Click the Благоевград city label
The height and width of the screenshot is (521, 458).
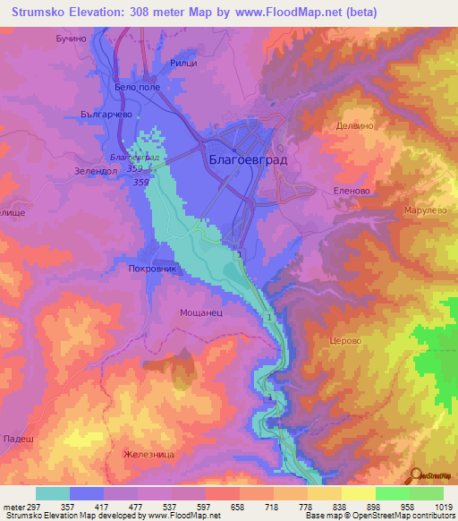[x=245, y=161]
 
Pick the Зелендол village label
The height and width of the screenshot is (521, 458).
[x=96, y=169]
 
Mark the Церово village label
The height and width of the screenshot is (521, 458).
[x=346, y=340]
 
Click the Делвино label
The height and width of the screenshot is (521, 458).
[x=354, y=127]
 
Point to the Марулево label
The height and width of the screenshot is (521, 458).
[x=420, y=210]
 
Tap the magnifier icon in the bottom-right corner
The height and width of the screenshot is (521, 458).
[x=415, y=475]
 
